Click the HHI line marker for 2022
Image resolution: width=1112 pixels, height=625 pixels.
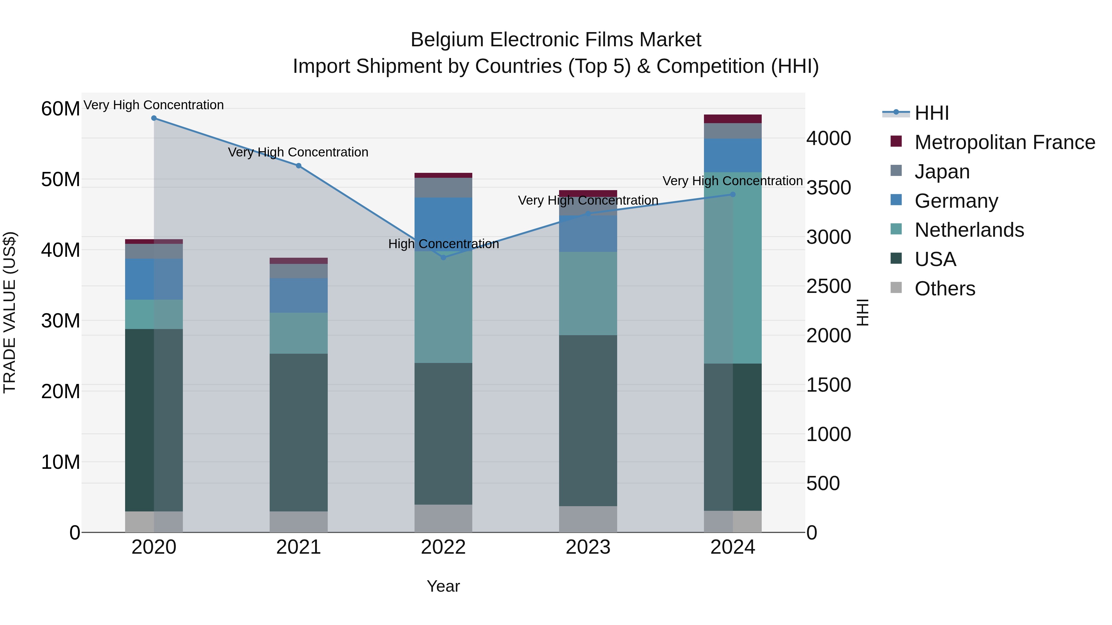443,257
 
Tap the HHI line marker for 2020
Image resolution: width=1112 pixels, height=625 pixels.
154,118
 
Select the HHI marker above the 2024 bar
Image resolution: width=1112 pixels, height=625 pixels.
733,194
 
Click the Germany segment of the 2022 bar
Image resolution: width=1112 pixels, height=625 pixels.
443,224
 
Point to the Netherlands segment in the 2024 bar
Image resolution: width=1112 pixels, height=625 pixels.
733,267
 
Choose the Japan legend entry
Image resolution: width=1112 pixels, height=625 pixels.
942,172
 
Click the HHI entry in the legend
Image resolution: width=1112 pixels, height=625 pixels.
932,113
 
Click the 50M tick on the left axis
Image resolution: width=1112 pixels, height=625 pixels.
61,179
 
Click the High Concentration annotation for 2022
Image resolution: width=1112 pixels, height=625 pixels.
443,244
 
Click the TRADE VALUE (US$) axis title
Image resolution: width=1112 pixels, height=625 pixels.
10,312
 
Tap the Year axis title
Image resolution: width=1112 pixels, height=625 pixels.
443,586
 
